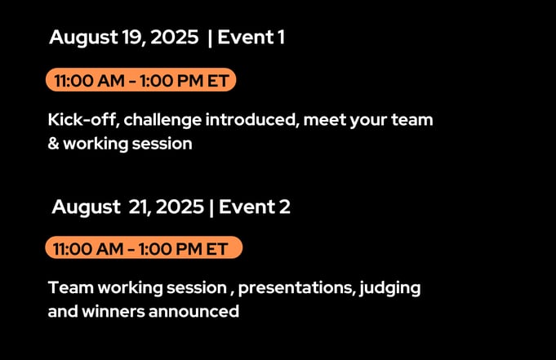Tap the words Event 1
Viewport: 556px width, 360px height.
tap(251, 37)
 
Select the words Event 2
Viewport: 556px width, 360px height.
tap(255, 207)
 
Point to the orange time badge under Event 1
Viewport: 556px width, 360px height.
tap(140, 80)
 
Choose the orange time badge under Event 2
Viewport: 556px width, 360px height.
tap(144, 247)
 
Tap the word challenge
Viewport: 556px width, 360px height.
tap(162, 121)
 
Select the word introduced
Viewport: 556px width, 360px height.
tap(251, 119)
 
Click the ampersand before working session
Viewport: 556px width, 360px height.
tap(54, 144)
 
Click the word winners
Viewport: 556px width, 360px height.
tap(113, 311)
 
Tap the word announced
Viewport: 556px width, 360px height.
tap(193, 311)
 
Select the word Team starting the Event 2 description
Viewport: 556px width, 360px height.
tap(71, 287)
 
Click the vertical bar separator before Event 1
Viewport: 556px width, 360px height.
tap(210, 38)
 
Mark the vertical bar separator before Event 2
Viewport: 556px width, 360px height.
tap(211, 207)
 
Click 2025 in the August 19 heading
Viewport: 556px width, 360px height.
tap(175, 37)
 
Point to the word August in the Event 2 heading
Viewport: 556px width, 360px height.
tap(87, 207)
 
